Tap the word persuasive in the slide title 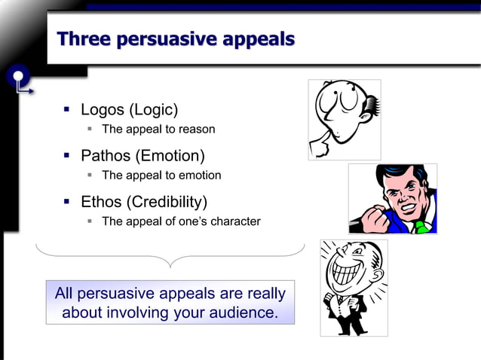tap(168, 39)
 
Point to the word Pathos tap(106, 157)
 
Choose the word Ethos tap(102, 202)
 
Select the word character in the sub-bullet tap(233, 221)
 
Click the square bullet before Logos tap(66, 111)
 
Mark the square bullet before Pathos tap(66, 157)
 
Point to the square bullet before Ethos tap(66, 202)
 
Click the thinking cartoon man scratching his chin tap(344, 119)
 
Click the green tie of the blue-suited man tap(421, 225)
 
